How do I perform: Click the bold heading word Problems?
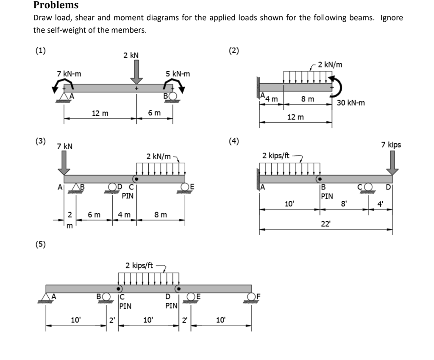[56, 5]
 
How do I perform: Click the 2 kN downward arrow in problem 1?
[136, 72]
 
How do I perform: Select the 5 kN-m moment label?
[178, 74]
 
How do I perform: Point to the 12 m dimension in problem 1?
[100, 113]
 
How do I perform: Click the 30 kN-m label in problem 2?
[351, 103]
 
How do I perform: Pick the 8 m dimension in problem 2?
[308, 99]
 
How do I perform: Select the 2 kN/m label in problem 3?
[159, 156]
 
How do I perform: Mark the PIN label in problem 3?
[128, 196]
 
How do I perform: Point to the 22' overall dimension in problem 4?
[325, 224]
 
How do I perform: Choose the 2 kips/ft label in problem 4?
[276, 155]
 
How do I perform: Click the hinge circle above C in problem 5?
[120, 288]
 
